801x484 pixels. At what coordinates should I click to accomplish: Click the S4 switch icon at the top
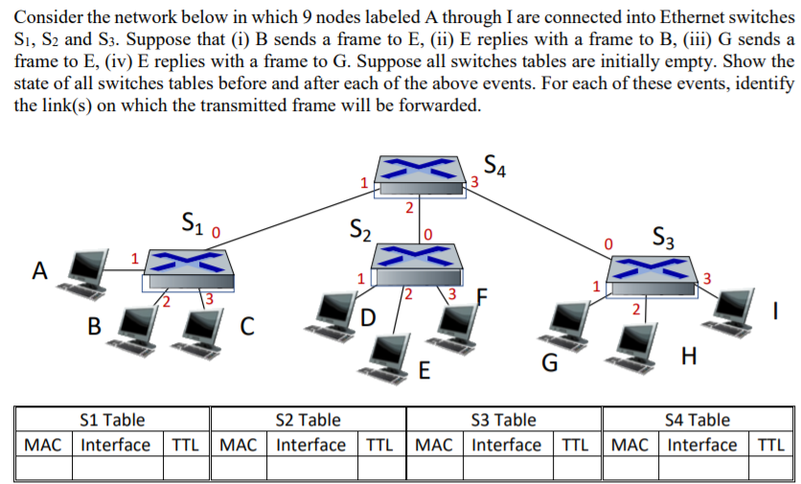coord(420,174)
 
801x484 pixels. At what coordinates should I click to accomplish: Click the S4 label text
coord(495,165)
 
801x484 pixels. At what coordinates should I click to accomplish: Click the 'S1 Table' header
coord(113,420)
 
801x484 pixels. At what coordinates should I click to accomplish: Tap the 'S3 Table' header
coord(504,420)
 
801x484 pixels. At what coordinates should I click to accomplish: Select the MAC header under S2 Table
coord(238,445)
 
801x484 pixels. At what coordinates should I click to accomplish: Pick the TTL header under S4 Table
coord(770,445)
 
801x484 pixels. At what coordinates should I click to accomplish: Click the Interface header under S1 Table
coord(116,445)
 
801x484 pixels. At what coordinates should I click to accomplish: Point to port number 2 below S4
coord(409,207)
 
